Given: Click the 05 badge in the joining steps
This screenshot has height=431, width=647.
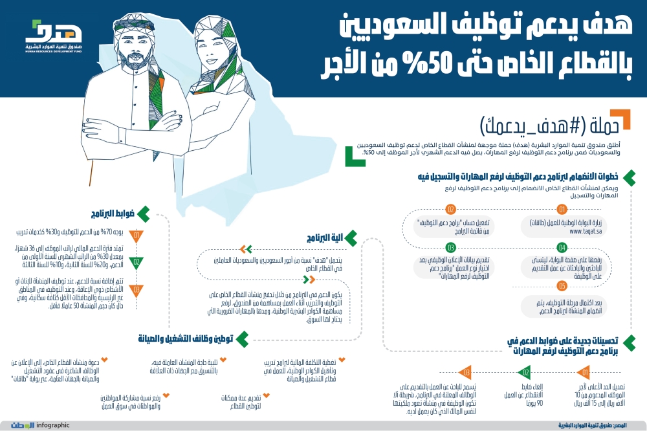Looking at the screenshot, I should [x=562, y=285].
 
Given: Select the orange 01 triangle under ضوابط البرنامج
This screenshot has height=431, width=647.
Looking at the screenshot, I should [x=137, y=236].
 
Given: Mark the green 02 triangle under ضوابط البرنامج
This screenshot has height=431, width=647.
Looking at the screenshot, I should [x=137, y=263].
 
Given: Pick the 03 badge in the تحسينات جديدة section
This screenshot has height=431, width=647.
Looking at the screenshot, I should [x=466, y=373].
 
